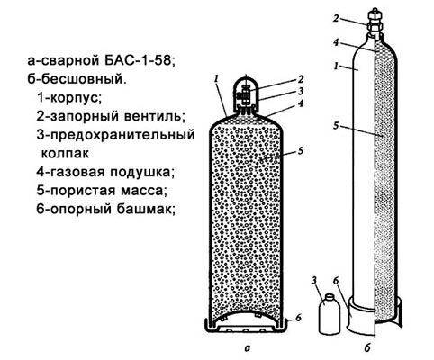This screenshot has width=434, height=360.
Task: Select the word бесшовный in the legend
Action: (x=82, y=79)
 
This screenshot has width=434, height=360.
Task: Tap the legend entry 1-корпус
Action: (x=69, y=98)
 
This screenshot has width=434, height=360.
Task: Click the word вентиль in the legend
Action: (x=153, y=116)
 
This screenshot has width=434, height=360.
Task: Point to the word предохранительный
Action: (x=122, y=135)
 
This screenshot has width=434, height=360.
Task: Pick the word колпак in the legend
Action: (x=65, y=154)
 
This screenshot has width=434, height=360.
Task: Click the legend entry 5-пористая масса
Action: (x=102, y=191)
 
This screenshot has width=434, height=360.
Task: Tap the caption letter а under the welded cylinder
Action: (x=247, y=348)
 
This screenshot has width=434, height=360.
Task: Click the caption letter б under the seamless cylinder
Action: (x=367, y=348)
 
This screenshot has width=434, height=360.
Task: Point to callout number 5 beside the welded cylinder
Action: (x=301, y=150)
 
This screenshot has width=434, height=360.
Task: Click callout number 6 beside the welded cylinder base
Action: (x=298, y=318)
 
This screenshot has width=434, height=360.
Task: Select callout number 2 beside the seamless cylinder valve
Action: (x=336, y=18)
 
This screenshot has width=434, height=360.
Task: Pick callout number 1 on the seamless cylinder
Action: (x=337, y=67)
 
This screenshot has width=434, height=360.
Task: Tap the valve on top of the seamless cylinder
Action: (x=375, y=21)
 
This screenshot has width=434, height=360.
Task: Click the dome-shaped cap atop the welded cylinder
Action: (x=246, y=92)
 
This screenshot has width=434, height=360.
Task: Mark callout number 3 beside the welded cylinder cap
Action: (x=301, y=91)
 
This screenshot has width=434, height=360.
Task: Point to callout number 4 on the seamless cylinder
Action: (x=336, y=42)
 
